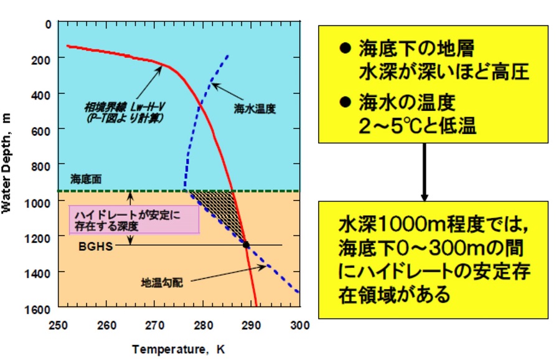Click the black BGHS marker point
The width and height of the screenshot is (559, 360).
(246, 245)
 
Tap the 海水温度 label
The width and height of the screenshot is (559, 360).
(255, 108)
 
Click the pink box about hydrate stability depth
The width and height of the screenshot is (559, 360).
(134, 219)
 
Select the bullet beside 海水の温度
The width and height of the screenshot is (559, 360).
(342, 100)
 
